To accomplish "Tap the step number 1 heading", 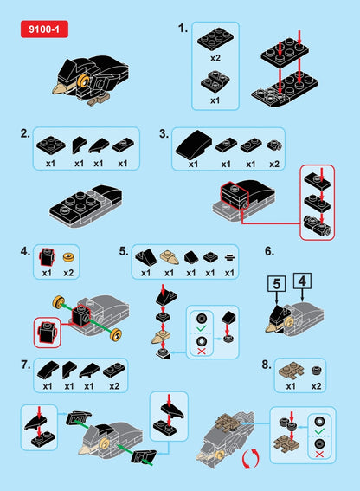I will [183, 28].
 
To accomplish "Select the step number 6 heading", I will [269, 251].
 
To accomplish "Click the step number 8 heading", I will [267, 365].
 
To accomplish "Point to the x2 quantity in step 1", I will [215, 57].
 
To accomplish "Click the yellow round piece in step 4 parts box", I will [69, 258].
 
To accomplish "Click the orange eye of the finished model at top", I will [83, 81].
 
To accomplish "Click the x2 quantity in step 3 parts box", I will [273, 164].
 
